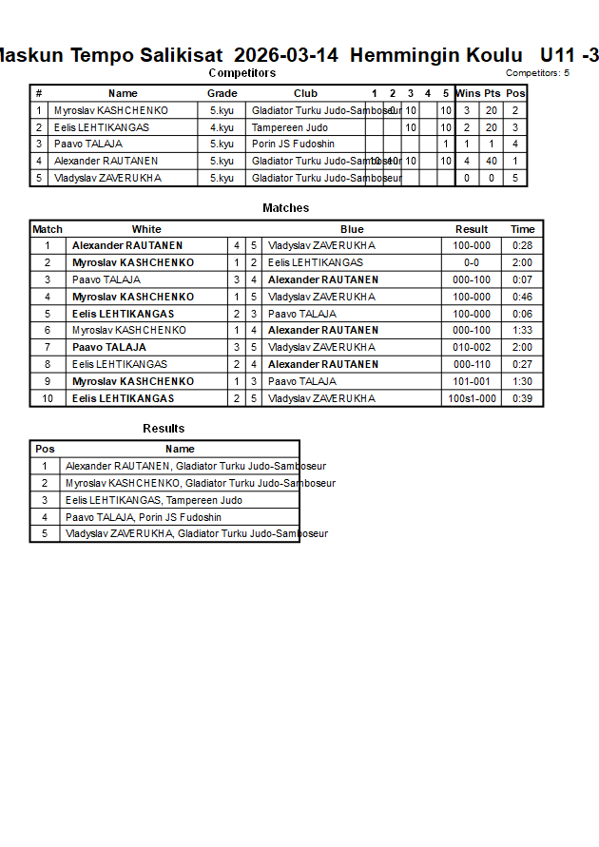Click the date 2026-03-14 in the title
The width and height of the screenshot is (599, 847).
tap(285, 56)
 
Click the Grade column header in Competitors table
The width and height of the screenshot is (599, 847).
tap(222, 93)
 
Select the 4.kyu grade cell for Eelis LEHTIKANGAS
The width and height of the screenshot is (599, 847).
tap(222, 127)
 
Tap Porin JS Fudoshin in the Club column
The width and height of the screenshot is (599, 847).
tap(293, 144)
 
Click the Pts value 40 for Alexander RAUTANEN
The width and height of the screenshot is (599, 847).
tap(492, 162)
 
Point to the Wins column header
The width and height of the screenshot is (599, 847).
tap(467, 93)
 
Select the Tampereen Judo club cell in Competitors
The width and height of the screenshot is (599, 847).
tap(290, 127)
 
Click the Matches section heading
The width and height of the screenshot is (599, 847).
tap(285, 208)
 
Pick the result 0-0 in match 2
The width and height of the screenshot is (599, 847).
tap(472, 262)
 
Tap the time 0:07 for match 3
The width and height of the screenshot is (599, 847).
tap(523, 279)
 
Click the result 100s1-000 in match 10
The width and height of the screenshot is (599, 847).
tap(472, 398)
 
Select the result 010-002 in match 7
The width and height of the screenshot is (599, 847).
tap(472, 348)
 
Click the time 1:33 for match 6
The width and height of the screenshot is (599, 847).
tap(523, 331)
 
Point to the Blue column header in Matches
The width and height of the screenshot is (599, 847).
tap(352, 229)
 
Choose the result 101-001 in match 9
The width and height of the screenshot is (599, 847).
tap(472, 381)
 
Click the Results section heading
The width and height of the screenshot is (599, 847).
tap(164, 429)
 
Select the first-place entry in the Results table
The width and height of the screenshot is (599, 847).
tap(195, 466)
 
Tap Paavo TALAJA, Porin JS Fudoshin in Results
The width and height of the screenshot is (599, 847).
tap(143, 517)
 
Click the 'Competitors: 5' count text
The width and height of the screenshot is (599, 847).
tap(537, 73)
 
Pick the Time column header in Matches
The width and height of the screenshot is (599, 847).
tap(523, 229)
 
